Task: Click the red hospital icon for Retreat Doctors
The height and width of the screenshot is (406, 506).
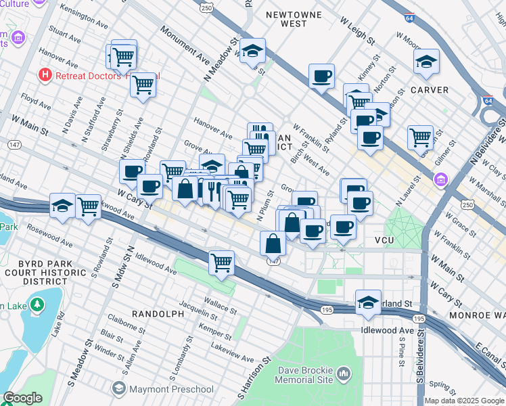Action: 45,74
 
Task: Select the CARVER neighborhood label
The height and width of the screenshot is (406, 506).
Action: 430,89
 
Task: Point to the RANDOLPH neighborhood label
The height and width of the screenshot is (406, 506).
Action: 158,314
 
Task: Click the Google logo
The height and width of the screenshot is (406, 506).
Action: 22,398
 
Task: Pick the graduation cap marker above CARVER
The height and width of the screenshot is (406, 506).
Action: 426,62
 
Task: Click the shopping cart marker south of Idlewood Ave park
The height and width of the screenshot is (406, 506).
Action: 221,262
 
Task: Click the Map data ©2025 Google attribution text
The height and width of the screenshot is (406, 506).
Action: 463,401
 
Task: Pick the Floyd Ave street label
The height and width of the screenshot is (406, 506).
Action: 34,102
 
